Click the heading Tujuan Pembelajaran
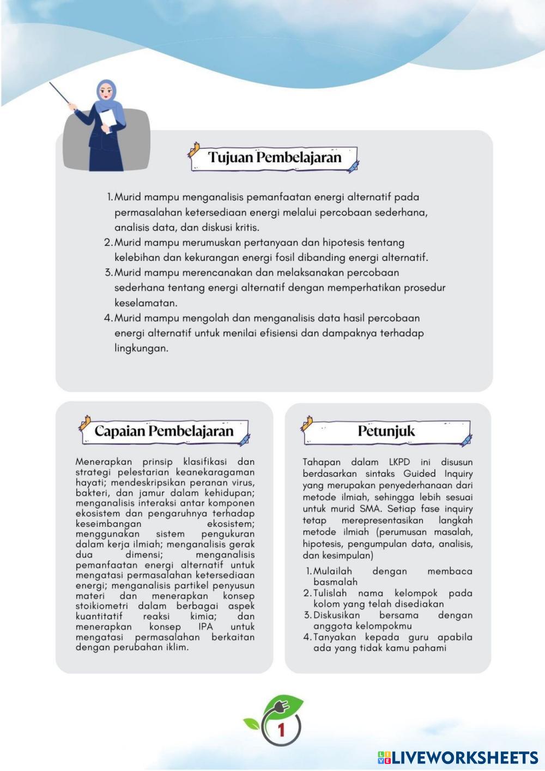pos(275,157)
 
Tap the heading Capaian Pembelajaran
pos(163,431)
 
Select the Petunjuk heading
pos(386,431)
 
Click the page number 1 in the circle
pos(281,730)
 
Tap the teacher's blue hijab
pos(106,93)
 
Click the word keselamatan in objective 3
pos(146,302)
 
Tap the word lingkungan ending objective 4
pos(141,348)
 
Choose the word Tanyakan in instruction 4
pos(336,637)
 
